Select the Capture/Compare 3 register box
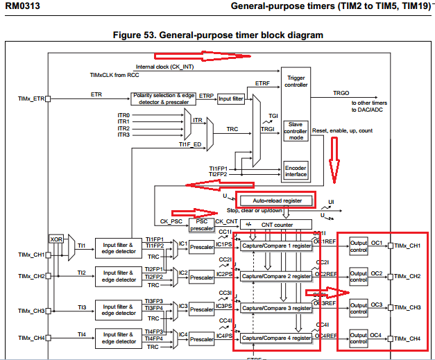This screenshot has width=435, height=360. point(277,308)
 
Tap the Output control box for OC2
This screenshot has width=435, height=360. point(358,276)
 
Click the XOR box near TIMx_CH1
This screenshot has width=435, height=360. point(56,239)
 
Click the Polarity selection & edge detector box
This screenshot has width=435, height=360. point(163,99)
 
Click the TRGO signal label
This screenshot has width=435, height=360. point(341,92)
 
